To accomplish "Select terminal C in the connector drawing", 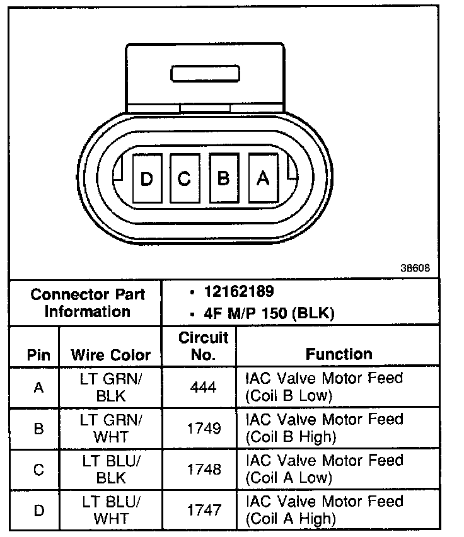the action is (185, 178).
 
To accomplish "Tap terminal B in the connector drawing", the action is (223, 178).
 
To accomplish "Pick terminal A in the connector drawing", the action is (262, 178).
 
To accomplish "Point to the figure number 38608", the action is (414, 267).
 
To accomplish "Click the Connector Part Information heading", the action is (88, 303).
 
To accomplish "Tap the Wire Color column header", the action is (111, 355).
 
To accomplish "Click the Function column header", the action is (339, 354).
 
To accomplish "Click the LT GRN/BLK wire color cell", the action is (111, 387).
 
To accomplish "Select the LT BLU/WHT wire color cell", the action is (111, 509).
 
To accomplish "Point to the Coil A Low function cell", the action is (323, 469).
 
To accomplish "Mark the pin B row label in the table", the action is (39, 428).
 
